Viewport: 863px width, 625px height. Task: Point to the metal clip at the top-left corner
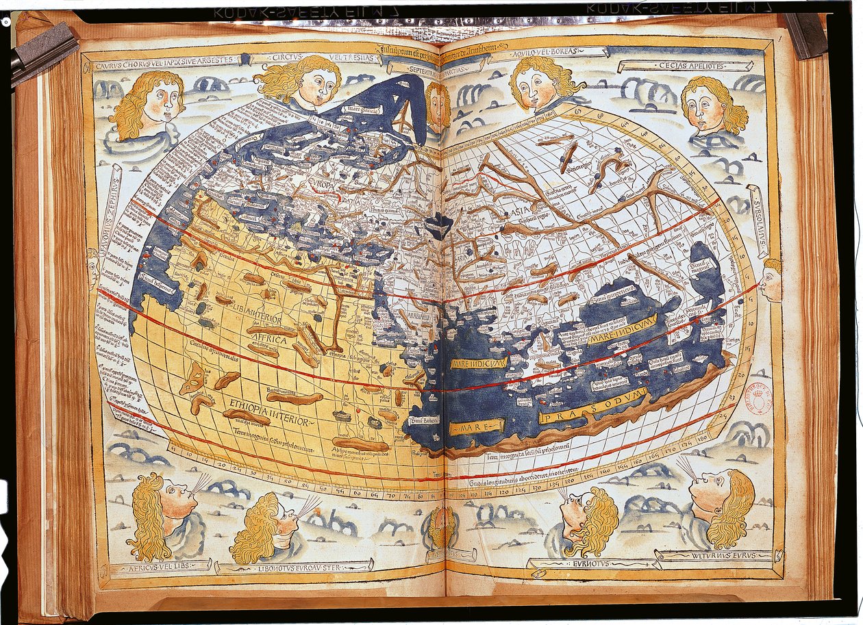(42, 51)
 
